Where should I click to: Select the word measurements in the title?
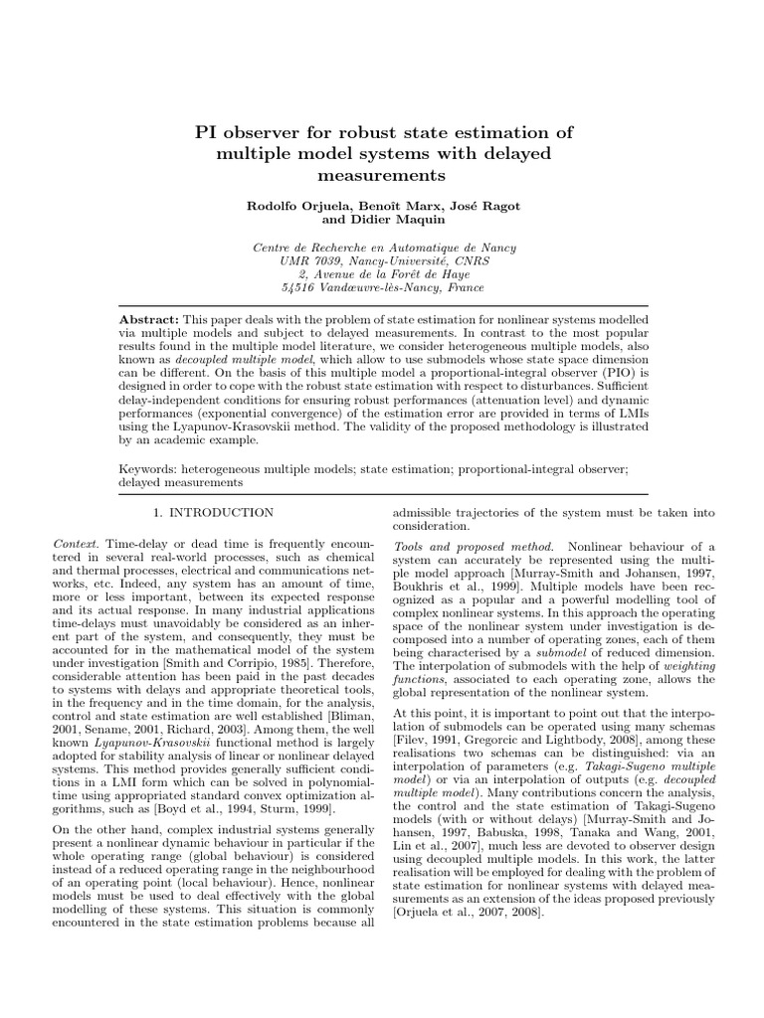[x=382, y=175]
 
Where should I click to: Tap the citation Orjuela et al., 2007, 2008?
[x=465, y=912]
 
